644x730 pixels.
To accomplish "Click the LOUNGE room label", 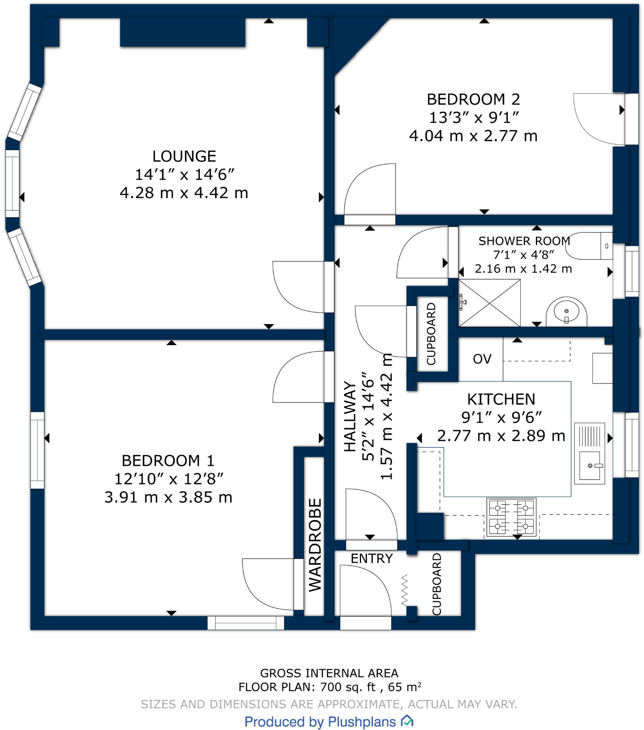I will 184,156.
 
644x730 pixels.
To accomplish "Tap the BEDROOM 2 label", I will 473,99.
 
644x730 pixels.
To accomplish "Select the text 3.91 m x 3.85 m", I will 168,497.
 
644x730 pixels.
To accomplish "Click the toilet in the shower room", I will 590,246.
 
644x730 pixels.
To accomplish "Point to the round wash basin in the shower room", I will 566,312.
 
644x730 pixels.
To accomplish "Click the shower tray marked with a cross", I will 489,303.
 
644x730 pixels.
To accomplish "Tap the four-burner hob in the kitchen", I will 511,517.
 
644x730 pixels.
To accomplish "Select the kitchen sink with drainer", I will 589,453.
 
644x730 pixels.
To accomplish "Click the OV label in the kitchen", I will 482,359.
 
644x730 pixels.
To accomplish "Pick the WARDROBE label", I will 315,545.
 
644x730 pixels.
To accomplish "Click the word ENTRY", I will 372,558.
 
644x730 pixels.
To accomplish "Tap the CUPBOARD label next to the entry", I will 437,584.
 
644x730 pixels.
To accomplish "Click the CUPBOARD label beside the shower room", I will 431,334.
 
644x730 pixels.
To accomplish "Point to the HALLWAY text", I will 350,416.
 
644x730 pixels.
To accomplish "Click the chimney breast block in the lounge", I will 182,32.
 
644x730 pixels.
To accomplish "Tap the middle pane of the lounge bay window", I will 12,183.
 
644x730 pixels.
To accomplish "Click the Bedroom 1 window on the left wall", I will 37,450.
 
